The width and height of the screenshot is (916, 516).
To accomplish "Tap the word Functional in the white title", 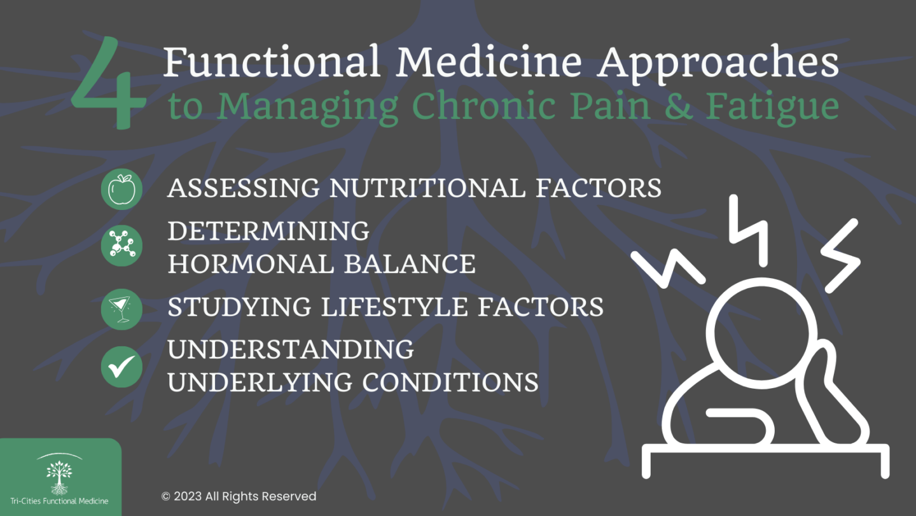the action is (x=272, y=62).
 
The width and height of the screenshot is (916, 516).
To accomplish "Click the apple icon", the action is (x=121, y=190).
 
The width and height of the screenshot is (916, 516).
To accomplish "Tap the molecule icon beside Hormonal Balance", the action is (x=121, y=246).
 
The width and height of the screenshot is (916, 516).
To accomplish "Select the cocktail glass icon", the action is (x=121, y=309).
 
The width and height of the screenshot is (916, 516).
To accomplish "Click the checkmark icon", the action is (x=121, y=366).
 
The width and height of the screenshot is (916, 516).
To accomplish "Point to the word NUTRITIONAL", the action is (x=427, y=188).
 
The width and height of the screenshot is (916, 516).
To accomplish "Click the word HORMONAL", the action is (x=251, y=263).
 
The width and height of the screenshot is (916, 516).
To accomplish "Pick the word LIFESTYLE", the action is (x=394, y=307).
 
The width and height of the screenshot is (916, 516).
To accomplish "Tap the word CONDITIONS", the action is (x=450, y=382).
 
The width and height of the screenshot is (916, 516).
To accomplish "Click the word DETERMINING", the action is (x=268, y=231).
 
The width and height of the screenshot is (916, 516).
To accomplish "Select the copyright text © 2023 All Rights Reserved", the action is (x=239, y=496).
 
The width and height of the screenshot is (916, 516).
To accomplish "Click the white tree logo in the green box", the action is (x=59, y=477).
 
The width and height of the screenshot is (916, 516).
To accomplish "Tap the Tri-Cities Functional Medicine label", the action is (x=59, y=501).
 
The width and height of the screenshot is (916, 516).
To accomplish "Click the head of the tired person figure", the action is (x=761, y=333).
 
